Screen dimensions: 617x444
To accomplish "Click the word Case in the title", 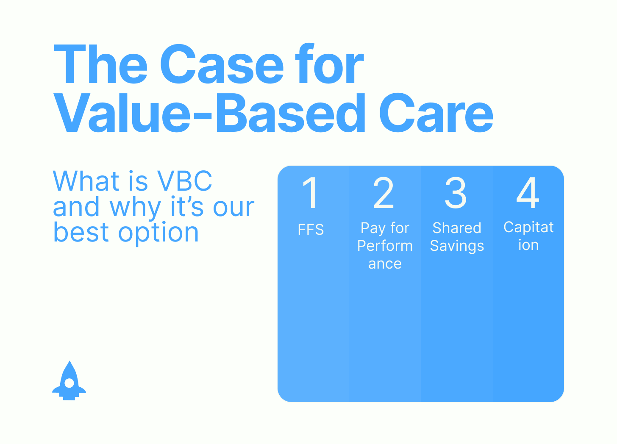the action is [222, 64].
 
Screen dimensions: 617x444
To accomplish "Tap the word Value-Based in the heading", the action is [210, 113].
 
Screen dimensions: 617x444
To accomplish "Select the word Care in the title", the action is [436, 113].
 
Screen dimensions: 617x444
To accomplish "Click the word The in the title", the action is [100, 64].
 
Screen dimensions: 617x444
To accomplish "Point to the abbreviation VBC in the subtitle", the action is [184, 180].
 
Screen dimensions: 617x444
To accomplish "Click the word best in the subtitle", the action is [81, 232].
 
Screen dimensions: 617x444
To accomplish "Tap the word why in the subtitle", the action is [135, 208].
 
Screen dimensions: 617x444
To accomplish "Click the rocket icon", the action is [69, 380].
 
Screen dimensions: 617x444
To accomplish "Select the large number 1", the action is [311, 192].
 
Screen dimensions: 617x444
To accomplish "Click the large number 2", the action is [383, 192].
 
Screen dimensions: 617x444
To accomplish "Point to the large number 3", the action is [456, 192].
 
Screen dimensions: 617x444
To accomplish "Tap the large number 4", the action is [528, 192].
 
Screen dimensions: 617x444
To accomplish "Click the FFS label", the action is [311, 229].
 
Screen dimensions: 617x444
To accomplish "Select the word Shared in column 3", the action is [457, 228].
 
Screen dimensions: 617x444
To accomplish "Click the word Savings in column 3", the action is [457, 246].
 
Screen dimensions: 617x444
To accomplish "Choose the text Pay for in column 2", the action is [385, 228].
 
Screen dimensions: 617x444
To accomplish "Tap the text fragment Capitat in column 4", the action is [528, 227].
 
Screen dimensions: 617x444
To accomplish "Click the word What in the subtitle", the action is [86, 180].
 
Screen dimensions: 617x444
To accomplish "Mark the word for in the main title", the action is [329, 63].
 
